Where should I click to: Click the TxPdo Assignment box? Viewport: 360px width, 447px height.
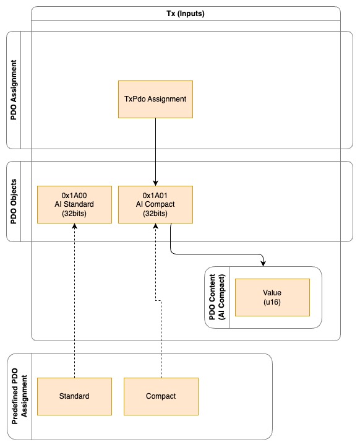click(155, 99)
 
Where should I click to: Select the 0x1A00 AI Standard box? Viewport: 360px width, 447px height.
click(74, 204)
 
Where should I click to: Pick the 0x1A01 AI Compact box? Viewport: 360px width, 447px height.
click(155, 204)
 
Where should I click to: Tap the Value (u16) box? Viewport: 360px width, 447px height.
click(272, 297)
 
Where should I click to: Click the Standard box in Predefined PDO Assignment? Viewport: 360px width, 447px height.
click(74, 396)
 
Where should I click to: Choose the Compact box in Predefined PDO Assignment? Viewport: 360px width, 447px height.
click(161, 396)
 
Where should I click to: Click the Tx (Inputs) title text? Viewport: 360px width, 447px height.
click(186, 14)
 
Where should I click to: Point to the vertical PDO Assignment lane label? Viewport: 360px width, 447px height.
click(14, 90)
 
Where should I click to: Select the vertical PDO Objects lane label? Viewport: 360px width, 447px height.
click(14, 201)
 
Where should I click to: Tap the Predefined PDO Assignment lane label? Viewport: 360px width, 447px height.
click(19, 396)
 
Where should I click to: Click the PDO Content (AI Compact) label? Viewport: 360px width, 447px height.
click(217, 297)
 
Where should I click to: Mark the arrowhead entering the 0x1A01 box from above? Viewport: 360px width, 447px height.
click(155, 183)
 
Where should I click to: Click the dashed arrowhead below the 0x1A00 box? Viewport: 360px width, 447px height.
click(74, 227)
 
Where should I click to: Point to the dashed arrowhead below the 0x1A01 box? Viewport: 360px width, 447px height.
click(155, 227)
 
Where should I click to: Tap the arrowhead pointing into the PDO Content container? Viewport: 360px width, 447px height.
click(263, 263)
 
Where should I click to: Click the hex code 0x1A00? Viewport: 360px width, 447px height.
click(74, 196)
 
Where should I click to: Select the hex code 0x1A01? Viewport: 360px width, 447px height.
click(155, 196)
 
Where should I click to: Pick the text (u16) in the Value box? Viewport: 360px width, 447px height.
click(272, 302)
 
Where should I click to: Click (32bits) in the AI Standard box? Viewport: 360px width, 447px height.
click(74, 214)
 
